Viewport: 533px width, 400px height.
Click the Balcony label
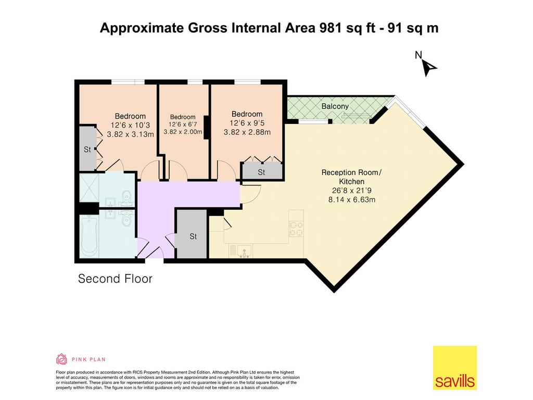tap(335, 106)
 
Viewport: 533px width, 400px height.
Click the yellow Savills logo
tap(455, 368)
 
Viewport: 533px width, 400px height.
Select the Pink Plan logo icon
tap(61, 359)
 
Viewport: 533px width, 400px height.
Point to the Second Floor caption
tap(115, 279)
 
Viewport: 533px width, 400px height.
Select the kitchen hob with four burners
tap(296, 228)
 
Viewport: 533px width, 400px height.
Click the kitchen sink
tap(245, 251)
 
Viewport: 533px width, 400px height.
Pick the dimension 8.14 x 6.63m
tap(352, 199)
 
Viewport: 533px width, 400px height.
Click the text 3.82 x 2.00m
tap(183, 132)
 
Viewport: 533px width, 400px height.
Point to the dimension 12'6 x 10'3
tap(130, 125)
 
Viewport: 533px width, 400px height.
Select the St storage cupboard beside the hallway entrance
tap(193, 234)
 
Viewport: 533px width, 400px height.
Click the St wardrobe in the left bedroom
tap(87, 148)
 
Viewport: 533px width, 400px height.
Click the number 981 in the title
tap(330, 28)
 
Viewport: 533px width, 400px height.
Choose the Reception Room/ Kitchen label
tap(351, 177)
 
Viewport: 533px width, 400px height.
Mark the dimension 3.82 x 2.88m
tap(247, 132)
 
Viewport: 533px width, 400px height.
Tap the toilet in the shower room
tap(127, 196)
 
